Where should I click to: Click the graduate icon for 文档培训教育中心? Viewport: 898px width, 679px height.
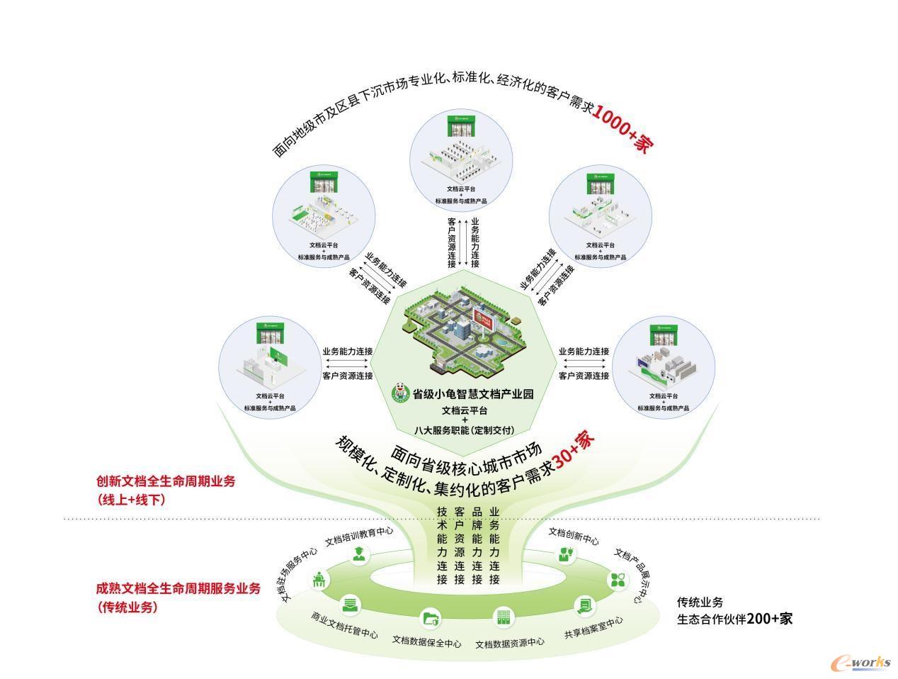coord(360,554)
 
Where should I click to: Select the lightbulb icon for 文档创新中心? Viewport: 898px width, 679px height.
coord(566,554)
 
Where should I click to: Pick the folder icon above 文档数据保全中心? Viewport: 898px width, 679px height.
coord(431,618)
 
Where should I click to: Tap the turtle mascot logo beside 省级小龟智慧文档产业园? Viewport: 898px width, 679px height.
coord(401,393)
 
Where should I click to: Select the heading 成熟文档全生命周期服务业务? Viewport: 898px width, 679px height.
coord(178,589)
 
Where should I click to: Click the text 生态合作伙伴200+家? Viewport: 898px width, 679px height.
coord(734,619)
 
